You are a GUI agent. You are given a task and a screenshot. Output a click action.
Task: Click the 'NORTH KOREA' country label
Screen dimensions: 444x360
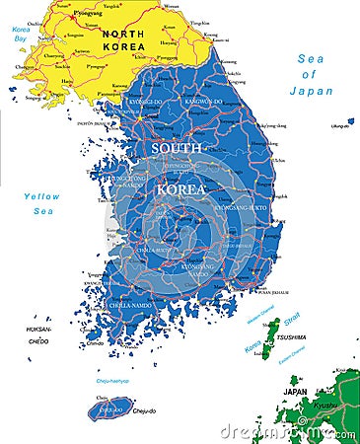(123, 40)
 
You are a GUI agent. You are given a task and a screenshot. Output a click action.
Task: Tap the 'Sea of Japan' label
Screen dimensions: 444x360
(312, 75)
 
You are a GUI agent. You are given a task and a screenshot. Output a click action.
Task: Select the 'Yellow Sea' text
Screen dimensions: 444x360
(41, 203)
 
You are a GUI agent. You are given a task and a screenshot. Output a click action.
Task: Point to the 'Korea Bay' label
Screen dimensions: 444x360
(22, 33)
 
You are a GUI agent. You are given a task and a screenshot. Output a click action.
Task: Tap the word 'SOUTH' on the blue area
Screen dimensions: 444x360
(175, 147)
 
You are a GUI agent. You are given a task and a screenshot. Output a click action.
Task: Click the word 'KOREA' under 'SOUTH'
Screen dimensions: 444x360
(180, 187)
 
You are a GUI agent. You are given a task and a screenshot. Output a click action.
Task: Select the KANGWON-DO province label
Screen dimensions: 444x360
(204, 101)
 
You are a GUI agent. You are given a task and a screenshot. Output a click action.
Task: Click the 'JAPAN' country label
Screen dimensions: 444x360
(296, 391)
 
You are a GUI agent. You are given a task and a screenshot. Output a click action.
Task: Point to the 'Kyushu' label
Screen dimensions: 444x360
(324, 406)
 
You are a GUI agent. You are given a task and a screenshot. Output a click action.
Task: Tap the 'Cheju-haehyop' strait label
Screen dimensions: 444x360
(111, 380)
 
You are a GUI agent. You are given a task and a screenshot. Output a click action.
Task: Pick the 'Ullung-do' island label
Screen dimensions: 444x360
(340, 125)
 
